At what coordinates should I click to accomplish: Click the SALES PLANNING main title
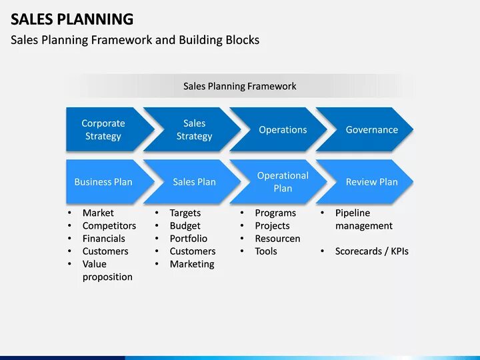click(x=72, y=19)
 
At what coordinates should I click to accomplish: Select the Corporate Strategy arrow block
click(x=103, y=129)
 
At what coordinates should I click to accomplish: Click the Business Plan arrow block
click(x=103, y=181)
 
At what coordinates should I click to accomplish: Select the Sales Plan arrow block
click(x=194, y=181)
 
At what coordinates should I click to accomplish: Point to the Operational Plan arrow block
click(x=283, y=181)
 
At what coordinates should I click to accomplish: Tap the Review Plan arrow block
click(x=371, y=181)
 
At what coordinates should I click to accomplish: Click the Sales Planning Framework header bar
click(x=239, y=86)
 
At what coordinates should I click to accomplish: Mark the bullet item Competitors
click(x=109, y=225)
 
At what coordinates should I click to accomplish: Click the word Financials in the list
click(x=104, y=238)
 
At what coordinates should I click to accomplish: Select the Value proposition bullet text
click(x=107, y=270)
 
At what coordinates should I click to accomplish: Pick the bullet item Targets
click(x=185, y=213)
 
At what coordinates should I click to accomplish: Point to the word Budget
click(x=185, y=225)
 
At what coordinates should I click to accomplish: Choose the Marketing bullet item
click(x=192, y=264)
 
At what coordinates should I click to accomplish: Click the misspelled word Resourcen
click(x=277, y=238)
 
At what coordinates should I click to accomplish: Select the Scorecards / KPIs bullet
click(x=371, y=251)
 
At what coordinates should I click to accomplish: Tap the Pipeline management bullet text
click(x=363, y=219)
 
